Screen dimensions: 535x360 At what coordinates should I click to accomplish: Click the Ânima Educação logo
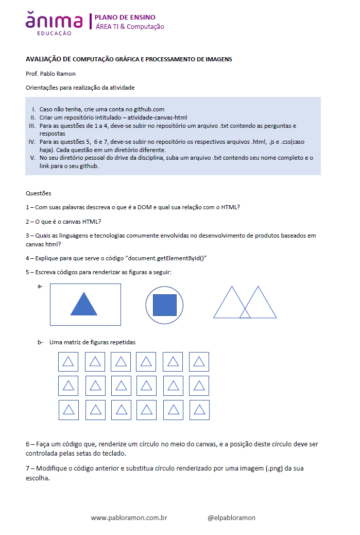click(x=54, y=24)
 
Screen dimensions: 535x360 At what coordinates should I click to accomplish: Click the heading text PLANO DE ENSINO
click(x=125, y=18)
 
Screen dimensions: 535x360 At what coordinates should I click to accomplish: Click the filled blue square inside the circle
click(x=165, y=305)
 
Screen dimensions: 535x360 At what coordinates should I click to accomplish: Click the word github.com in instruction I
click(x=149, y=109)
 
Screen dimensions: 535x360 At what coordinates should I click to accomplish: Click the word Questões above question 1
click(x=39, y=194)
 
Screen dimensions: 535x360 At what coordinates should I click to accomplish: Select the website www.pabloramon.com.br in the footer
click(x=129, y=517)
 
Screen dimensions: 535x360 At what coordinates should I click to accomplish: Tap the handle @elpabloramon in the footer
click(x=231, y=517)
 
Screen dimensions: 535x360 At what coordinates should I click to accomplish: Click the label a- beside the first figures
click(x=40, y=287)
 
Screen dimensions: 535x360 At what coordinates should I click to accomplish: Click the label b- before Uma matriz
click(x=40, y=342)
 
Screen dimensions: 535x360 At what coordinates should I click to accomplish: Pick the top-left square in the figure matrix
click(x=68, y=362)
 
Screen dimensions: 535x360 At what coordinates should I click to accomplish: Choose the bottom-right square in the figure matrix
click(x=199, y=410)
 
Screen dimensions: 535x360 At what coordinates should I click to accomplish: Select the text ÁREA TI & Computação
click(x=130, y=27)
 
